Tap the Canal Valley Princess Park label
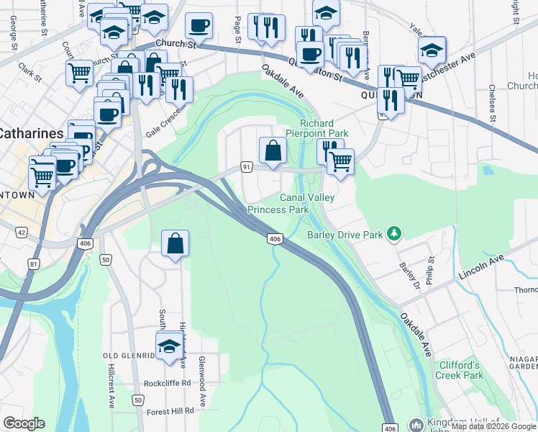click(278, 203)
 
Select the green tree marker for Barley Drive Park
click(393, 233)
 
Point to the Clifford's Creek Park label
click(460, 370)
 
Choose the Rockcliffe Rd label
click(167, 383)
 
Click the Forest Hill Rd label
click(170, 410)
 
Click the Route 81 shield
click(33, 264)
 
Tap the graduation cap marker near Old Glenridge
click(170, 346)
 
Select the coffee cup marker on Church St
click(199, 27)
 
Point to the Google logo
click(24, 423)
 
